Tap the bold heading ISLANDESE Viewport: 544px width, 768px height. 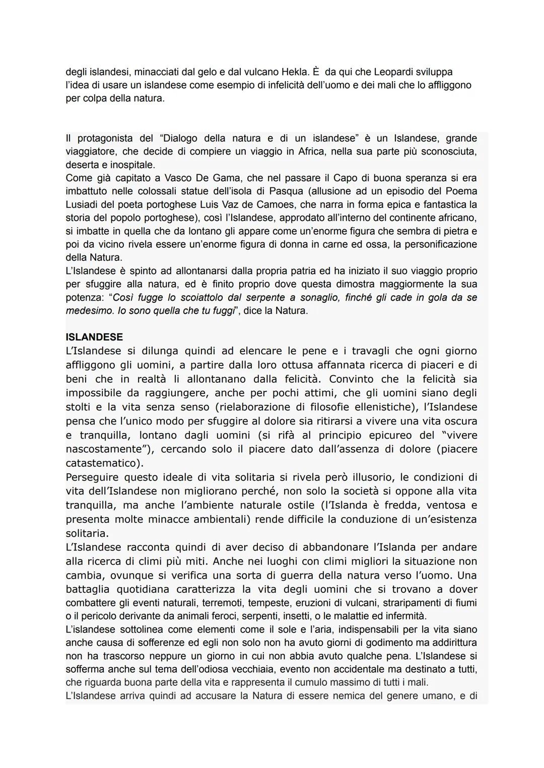94,337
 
